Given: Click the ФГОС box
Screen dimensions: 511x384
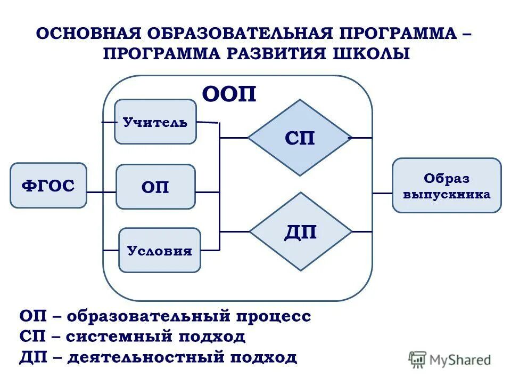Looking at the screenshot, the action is point(48,186).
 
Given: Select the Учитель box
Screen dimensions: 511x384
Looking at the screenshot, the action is point(155,122).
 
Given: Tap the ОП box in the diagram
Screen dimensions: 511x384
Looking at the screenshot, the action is point(155,187).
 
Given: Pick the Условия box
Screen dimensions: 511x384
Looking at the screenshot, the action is point(160,250).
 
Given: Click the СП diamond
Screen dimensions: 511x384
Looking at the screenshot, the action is point(300,138).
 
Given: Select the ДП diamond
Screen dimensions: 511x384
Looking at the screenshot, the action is point(301,231).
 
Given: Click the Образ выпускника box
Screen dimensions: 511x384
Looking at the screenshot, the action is point(447,186).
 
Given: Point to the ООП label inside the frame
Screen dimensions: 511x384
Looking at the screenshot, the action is point(229,95).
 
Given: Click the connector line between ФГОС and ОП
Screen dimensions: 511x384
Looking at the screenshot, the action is point(101,191).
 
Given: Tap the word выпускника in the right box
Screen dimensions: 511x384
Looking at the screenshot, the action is point(447,195).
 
